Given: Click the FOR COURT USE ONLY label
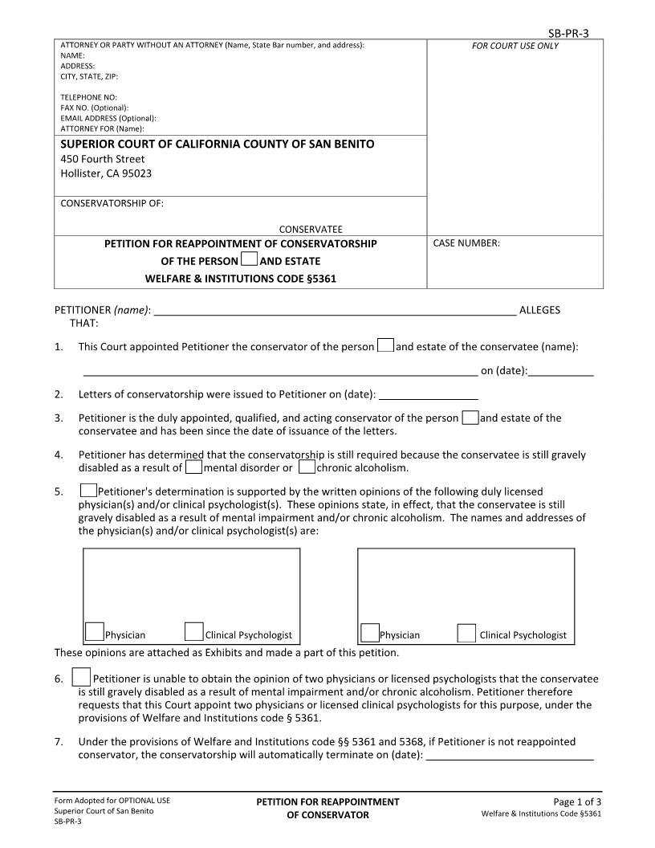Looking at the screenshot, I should [515, 46].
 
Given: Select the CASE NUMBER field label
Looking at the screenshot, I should [466, 243].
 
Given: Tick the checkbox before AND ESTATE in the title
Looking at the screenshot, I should [249, 259].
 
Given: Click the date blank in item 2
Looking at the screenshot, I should [428, 395].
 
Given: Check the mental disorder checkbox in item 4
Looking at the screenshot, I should [193, 467].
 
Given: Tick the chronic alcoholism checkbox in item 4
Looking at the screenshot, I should [306, 467].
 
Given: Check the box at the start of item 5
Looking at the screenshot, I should [88, 490].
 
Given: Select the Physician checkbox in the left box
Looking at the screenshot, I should [95, 632].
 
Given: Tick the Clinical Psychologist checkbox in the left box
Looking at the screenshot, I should [193, 632].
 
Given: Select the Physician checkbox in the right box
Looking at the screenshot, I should [369, 632].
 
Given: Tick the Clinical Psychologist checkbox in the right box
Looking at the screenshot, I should [466, 632].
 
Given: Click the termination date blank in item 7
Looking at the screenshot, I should [510, 756].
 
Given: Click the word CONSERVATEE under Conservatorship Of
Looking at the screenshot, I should [311, 228].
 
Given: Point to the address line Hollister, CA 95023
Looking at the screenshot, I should [106, 173].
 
